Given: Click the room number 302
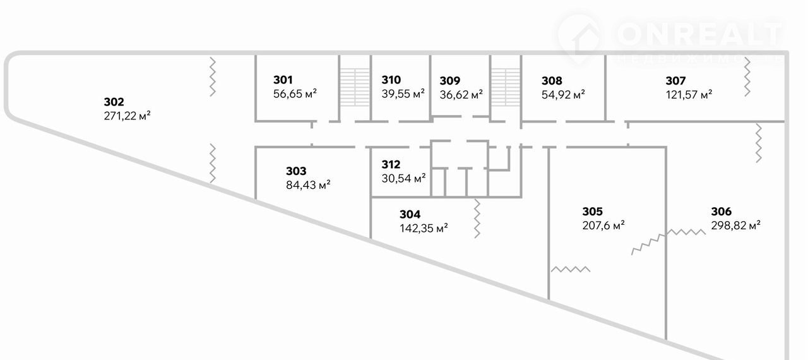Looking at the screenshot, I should (114, 102).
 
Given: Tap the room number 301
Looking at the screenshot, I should (283, 80).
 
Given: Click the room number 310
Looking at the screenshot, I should (391, 80).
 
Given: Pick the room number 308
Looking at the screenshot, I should (552, 80).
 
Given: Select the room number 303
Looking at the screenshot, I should (296, 171).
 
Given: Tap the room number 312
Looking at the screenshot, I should (391, 164).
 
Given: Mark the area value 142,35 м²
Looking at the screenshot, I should (424, 228).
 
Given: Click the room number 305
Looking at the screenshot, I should (592, 211).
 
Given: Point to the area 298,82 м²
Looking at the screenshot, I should (735, 225).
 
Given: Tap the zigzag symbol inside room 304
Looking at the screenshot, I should (478, 219).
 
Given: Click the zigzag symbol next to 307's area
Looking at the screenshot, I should (747, 76).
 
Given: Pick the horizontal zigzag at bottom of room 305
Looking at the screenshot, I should (571, 269).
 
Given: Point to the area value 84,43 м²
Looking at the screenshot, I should (308, 185).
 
